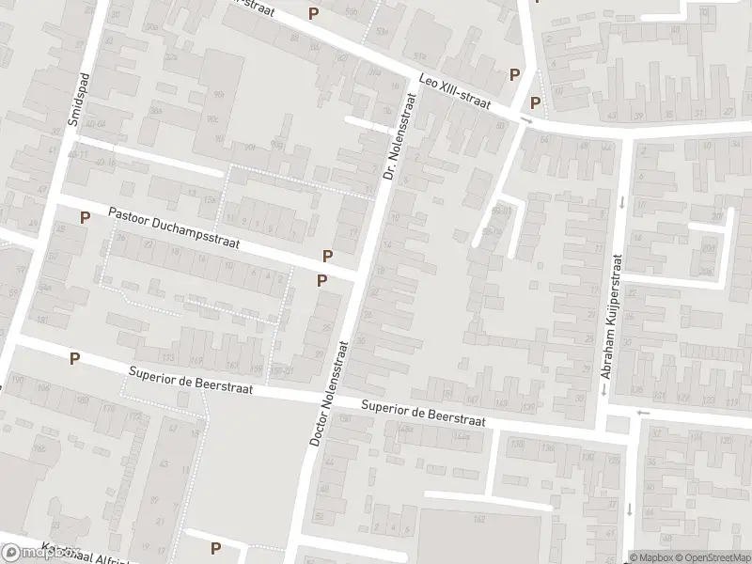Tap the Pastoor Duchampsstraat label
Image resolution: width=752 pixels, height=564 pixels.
tap(174, 228)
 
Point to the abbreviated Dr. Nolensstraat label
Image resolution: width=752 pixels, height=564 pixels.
tap(398, 135)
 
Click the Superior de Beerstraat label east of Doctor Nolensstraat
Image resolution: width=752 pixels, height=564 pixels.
tap(424, 415)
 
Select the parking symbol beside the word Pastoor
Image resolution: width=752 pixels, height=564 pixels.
tap(85, 217)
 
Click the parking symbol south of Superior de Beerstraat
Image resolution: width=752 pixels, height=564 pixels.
tap(215, 549)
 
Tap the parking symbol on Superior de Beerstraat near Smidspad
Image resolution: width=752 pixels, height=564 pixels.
tap(74, 358)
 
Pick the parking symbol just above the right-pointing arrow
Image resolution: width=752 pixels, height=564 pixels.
tap(535, 103)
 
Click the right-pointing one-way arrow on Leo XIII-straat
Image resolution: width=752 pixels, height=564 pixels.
tap(527, 121)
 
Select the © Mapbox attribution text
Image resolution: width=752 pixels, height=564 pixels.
tap(650, 557)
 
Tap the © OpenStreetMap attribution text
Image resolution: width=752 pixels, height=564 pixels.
tap(712, 557)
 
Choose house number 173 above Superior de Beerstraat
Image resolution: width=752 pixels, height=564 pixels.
tap(168, 358)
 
